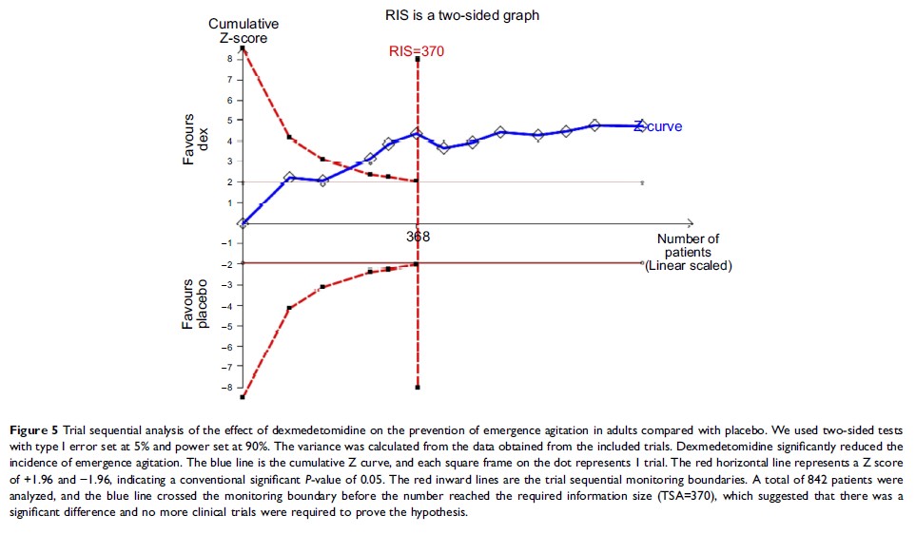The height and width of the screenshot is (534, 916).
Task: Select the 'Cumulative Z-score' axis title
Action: (x=238, y=30)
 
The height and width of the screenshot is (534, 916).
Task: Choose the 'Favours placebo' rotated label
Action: (x=195, y=304)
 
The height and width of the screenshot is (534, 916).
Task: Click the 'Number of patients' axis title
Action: (x=688, y=245)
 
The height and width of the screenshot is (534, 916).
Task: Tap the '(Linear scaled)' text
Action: (x=688, y=266)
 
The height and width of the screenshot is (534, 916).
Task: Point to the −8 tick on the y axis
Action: (x=226, y=388)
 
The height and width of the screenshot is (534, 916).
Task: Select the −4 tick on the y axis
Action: (x=226, y=306)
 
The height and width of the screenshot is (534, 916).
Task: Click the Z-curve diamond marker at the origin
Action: (x=244, y=223)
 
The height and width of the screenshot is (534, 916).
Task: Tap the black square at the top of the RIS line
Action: (x=418, y=59)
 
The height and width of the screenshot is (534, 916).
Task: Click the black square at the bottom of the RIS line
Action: (x=418, y=388)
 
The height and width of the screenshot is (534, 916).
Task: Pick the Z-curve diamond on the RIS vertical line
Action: (x=417, y=133)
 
